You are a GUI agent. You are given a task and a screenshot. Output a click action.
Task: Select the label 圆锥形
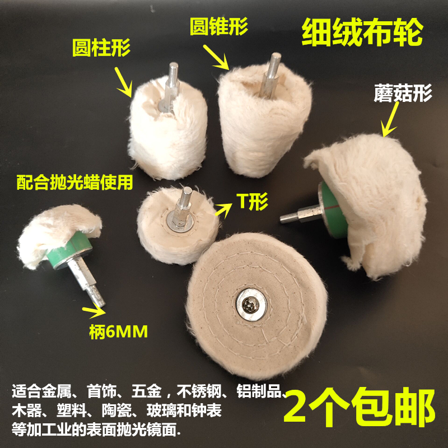tap(218, 25)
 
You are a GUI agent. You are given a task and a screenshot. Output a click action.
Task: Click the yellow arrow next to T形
tap(223, 211)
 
